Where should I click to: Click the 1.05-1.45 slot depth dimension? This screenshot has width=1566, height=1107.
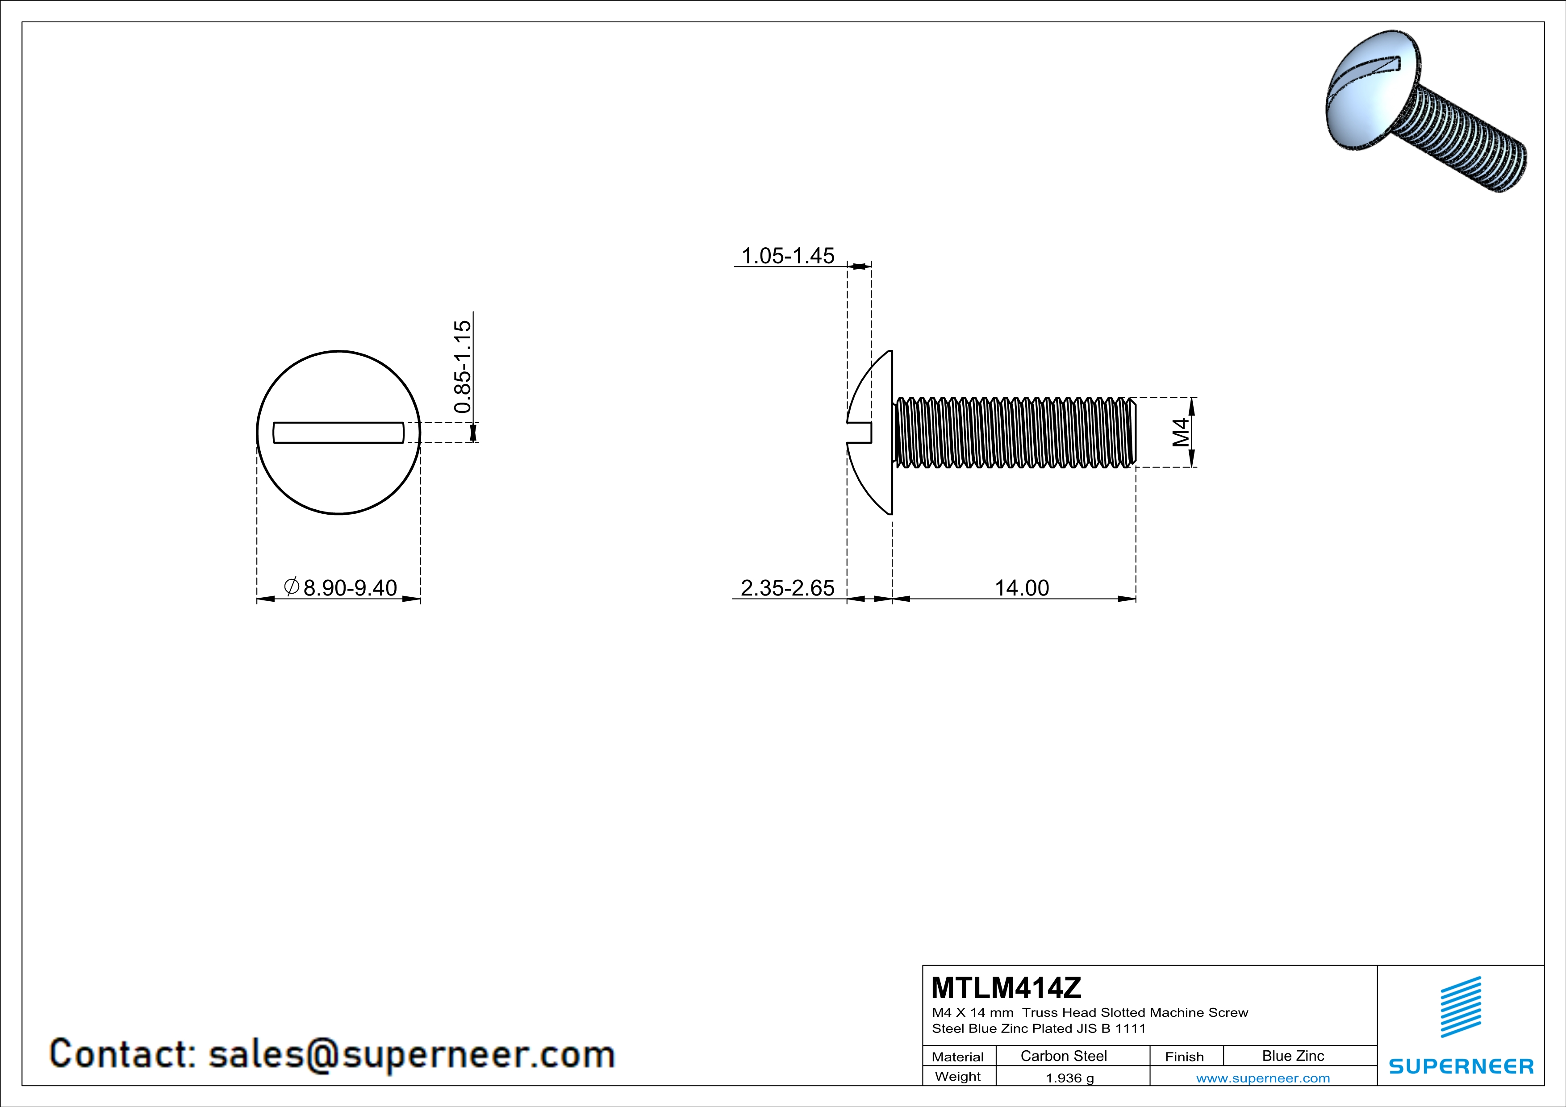click(x=787, y=256)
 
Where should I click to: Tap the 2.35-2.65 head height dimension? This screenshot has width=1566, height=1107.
click(x=787, y=587)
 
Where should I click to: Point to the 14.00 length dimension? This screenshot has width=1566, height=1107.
click(x=1021, y=587)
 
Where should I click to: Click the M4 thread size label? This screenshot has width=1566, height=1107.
click(x=1181, y=432)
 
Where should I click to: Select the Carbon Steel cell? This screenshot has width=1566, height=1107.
click(x=1063, y=1056)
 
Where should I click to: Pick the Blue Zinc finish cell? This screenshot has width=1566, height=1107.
click(x=1292, y=1056)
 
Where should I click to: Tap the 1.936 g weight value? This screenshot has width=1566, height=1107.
click(x=1069, y=1078)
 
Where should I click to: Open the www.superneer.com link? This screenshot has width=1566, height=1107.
click(x=1262, y=1078)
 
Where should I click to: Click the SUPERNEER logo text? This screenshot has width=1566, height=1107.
click(x=1460, y=1066)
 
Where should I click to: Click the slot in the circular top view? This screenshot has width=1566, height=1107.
click(x=338, y=432)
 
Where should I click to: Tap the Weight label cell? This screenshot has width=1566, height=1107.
click(x=958, y=1076)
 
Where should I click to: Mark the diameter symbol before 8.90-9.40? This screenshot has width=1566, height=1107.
click(x=291, y=586)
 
